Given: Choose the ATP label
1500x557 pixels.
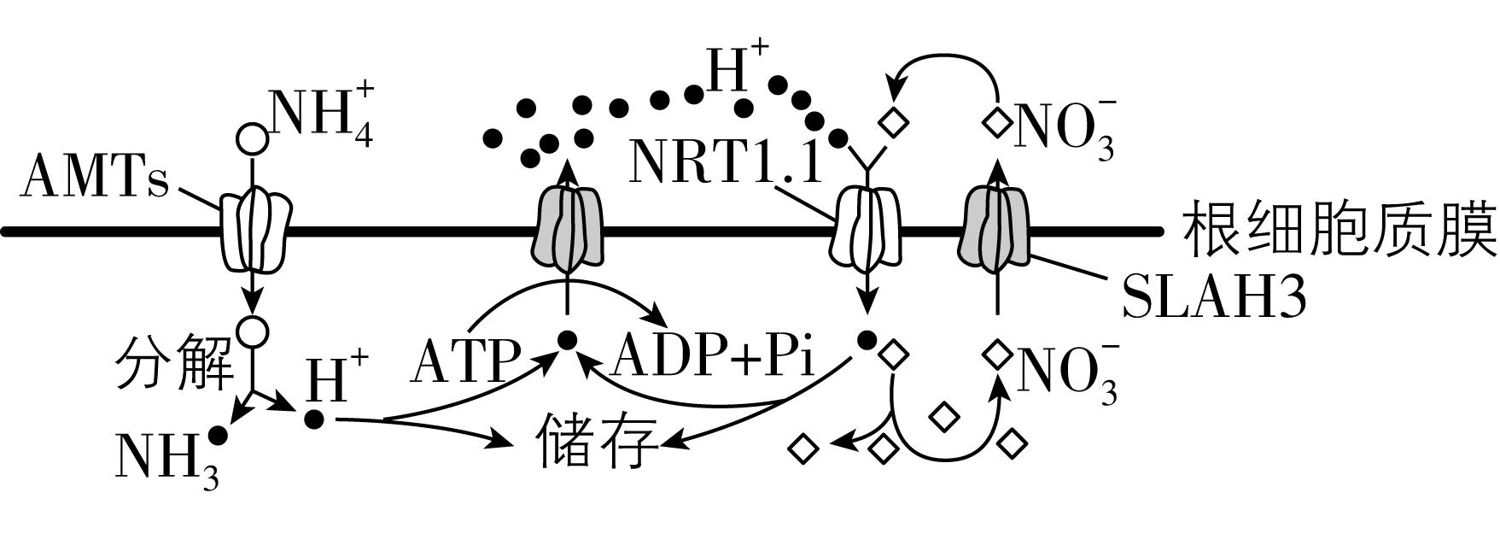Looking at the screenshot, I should coord(465,361).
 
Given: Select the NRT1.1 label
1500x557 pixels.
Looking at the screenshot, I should coord(726,162).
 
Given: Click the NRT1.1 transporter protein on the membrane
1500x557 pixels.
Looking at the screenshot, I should coord(866,229).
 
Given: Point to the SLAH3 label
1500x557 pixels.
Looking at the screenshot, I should coord(1213,298).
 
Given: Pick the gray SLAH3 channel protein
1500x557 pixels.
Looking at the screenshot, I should coord(995,228).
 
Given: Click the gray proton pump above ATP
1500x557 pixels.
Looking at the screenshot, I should coord(569,229).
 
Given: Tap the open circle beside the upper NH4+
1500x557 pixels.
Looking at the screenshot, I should coord(252,138).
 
